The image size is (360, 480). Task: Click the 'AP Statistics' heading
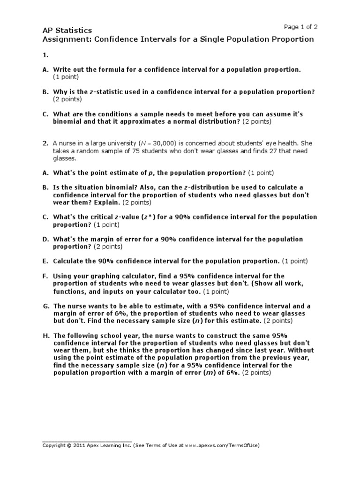67,30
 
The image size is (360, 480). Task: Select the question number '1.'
45,55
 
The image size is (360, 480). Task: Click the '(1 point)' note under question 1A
66,76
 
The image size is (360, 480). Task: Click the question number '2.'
46,142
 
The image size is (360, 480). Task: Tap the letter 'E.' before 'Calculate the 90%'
45,261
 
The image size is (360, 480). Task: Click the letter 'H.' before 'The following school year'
45,336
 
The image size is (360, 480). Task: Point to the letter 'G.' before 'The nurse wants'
46,306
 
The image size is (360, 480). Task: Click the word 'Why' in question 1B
60,91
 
